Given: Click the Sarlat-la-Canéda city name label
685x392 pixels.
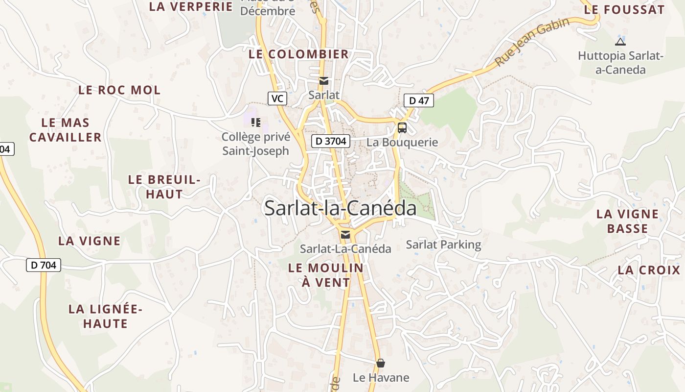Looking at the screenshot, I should [340, 208].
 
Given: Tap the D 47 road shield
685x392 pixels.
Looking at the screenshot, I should [419, 101].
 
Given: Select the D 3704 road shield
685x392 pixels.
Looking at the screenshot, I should [331, 142].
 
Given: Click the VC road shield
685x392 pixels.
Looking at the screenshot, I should [277, 98].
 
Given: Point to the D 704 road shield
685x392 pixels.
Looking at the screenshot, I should [43, 265].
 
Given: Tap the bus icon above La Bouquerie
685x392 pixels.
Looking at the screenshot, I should [402, 128].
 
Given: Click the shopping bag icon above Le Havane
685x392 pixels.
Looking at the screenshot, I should [381, 363].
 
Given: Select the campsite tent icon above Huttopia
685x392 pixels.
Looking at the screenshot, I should [620, 42].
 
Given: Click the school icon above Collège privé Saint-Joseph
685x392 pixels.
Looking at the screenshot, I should [255, 122].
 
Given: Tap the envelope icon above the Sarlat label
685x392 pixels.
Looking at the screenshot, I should [323, 81].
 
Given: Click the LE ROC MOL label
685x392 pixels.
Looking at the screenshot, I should [119, 90].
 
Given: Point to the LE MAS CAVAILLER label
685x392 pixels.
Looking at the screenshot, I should [66, 130].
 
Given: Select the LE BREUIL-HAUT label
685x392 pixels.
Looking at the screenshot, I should [164, 187].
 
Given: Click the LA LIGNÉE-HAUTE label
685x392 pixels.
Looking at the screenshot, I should [105, 316].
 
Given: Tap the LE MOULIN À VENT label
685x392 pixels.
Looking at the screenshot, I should [326, 275].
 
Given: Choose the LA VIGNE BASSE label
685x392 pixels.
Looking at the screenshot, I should [628, 221].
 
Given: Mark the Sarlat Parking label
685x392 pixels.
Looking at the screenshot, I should [443, 245].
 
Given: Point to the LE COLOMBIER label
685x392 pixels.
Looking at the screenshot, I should [298, 54].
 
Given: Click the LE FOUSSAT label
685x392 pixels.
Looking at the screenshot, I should [624, 9].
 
